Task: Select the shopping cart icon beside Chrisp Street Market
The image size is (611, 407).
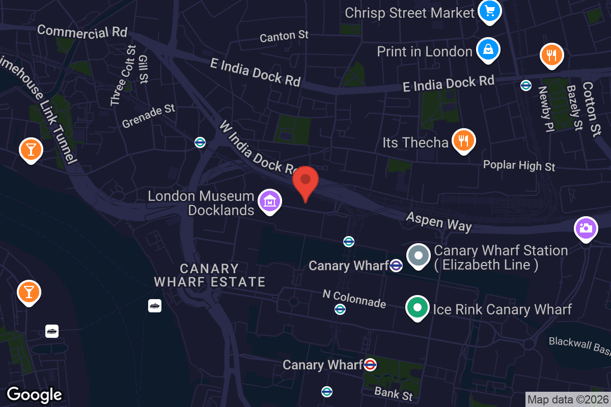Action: [490, 11]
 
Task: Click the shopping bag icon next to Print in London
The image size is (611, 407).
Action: [488, 50]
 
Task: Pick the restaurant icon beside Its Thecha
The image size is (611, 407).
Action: [463, 141]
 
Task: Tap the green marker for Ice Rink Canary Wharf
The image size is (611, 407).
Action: [418, 308]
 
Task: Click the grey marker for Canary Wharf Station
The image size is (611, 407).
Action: [419, 256]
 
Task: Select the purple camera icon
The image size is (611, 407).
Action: [586, 228]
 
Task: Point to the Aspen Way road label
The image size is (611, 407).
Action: [438, 222]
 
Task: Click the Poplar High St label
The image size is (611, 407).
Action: [519, 165]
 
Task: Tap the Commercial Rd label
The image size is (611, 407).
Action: [82, 32]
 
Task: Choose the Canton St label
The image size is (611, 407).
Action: [284, 36]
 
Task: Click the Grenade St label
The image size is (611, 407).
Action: [148, 117]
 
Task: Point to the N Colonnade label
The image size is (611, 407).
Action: [354, 299]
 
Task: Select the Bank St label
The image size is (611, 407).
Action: [393, 393]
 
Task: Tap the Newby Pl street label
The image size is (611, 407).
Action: [545, 109]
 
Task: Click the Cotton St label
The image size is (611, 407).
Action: [589, 109]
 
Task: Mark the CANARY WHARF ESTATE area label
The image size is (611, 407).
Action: [209, 275]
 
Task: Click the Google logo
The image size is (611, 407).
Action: [35, 394]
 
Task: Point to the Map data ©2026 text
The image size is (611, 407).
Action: [567, 400]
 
